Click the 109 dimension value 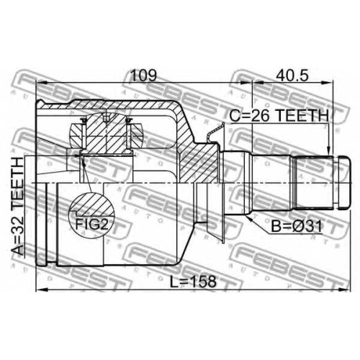point(143,76)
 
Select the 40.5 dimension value point(292,76)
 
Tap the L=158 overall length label point(193,282)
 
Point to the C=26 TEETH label point(279,115)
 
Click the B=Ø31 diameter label point(297,226)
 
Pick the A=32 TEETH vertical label point(18,206)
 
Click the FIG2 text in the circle point(91,224)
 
